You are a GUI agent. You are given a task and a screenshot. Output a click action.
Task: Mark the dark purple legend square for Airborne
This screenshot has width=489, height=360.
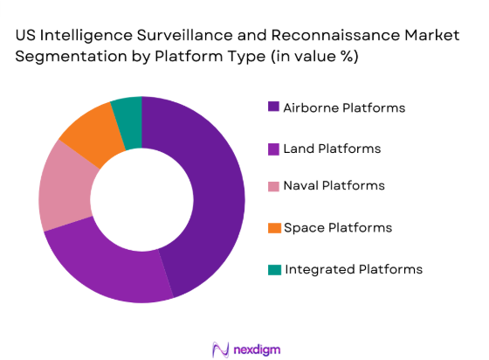coord(273,107)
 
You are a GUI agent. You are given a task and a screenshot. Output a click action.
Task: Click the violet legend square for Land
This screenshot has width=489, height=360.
coord(273,149)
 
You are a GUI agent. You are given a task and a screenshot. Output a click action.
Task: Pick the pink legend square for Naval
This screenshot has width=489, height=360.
coord(273,187)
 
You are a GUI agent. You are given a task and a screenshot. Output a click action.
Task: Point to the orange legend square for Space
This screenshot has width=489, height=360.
coord(273,228)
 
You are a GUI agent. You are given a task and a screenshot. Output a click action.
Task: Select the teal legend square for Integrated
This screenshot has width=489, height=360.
coord(273,269)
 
